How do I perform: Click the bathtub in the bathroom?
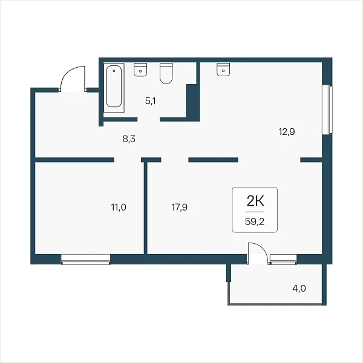(x=114, y=88)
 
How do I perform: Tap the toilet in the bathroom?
(x=166, y=73)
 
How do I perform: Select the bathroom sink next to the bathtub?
(x=140, y=70)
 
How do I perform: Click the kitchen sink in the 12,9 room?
(x=223, y=69)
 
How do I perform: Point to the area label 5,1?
(x=151, y=101)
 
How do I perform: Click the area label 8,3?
(x=129, y=139)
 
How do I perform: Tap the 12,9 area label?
(x=287, y=132)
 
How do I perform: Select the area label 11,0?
(x=119, y=207)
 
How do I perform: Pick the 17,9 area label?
(x=180, y=207)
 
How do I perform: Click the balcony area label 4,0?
(x=299, y=289)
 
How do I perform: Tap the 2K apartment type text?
(x=255, y=201)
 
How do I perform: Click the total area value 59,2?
(x=255, y=222)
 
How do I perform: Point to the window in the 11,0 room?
(x=86, y=260)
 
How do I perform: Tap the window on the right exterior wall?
(x=328, y=110)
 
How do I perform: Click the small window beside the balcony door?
(x=283, y=260)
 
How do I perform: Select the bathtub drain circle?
(x=114, y=71)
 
